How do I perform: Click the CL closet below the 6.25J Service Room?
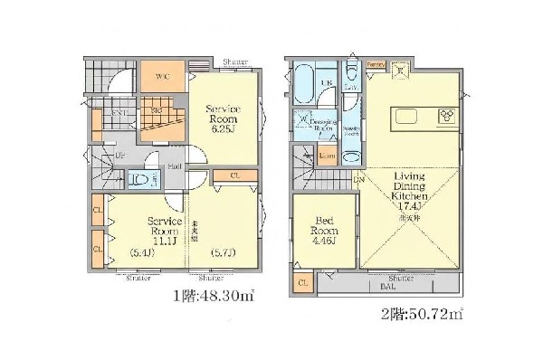[234, 175]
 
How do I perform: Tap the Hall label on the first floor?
[173, 166]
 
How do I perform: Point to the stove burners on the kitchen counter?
[448, 116]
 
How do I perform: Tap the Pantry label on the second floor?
[377, 63]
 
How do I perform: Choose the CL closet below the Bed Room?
[301, 284]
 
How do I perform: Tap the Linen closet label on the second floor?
[327, 157]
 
